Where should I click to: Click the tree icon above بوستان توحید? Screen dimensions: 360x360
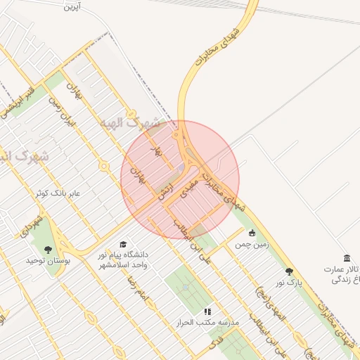[x=48, y=249]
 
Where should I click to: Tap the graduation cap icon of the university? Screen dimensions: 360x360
[x=124, y=243]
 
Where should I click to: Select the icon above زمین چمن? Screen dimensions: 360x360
[x=252, y=233]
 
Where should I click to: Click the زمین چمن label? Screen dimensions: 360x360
[x=252, y=244]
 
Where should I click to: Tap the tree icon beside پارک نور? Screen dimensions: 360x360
[x=289, y=271]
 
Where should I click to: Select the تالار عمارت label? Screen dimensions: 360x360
[x=342, y=269]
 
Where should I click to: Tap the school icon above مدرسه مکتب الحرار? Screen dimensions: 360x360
[x=207, y=311]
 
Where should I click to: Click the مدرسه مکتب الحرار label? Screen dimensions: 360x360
[x=208, y=322]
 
